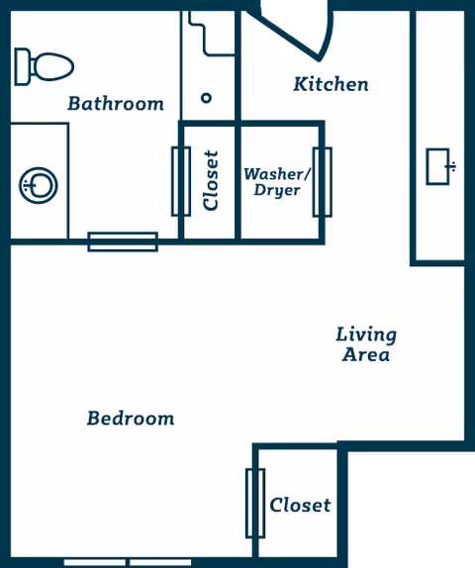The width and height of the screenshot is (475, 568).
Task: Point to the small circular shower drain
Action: tap(206, 98)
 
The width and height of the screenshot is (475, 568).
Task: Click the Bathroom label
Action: tap(116, 103)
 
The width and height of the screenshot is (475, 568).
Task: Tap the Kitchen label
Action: tap(331, 84)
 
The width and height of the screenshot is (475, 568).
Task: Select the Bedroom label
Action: tap(131, 419)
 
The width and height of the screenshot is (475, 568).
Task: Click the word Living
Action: tap(366, 334)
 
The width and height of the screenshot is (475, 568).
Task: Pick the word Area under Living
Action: tap(366, 355)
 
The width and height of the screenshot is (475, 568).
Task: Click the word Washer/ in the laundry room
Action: tap(277, 173)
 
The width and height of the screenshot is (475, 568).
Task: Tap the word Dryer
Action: tap(277, 190)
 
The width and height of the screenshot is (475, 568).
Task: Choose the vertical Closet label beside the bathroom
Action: tap(210, 181)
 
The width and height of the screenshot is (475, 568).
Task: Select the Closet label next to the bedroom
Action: tap(300, 505)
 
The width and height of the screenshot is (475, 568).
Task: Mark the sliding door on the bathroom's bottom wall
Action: tap(123, 241)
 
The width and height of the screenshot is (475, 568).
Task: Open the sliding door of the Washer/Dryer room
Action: tap(322, 182)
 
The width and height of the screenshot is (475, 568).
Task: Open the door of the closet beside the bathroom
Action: tap(180, 181)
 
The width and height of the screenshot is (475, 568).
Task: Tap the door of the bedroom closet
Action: tap(254, 503)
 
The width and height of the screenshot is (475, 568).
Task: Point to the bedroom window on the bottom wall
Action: tap(128, 562)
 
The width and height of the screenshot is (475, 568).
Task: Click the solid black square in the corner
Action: tap(411, 510)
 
